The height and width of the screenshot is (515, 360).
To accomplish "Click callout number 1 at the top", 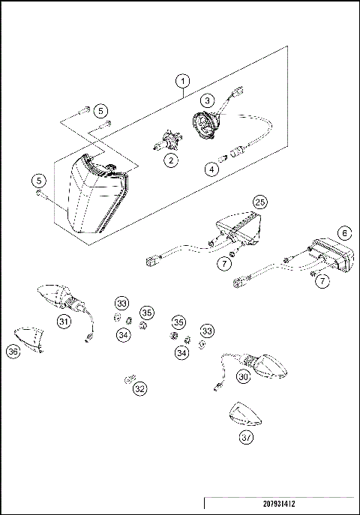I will pos(181,79).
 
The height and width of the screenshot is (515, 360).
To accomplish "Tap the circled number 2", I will pos(172,160).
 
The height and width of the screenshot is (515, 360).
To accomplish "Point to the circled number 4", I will pos(212,170).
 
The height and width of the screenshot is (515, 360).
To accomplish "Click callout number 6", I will pos(343,232).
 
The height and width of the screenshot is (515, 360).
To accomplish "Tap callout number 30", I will pos(242,377).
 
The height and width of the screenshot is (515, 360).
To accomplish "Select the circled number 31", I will pos(64,322).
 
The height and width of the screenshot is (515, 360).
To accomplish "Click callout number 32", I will pos(139,389).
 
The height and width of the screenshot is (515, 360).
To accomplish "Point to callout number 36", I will pos(13,351).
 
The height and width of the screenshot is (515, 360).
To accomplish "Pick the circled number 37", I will pos(247,438).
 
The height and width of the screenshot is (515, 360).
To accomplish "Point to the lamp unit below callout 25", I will pos(238,225).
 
